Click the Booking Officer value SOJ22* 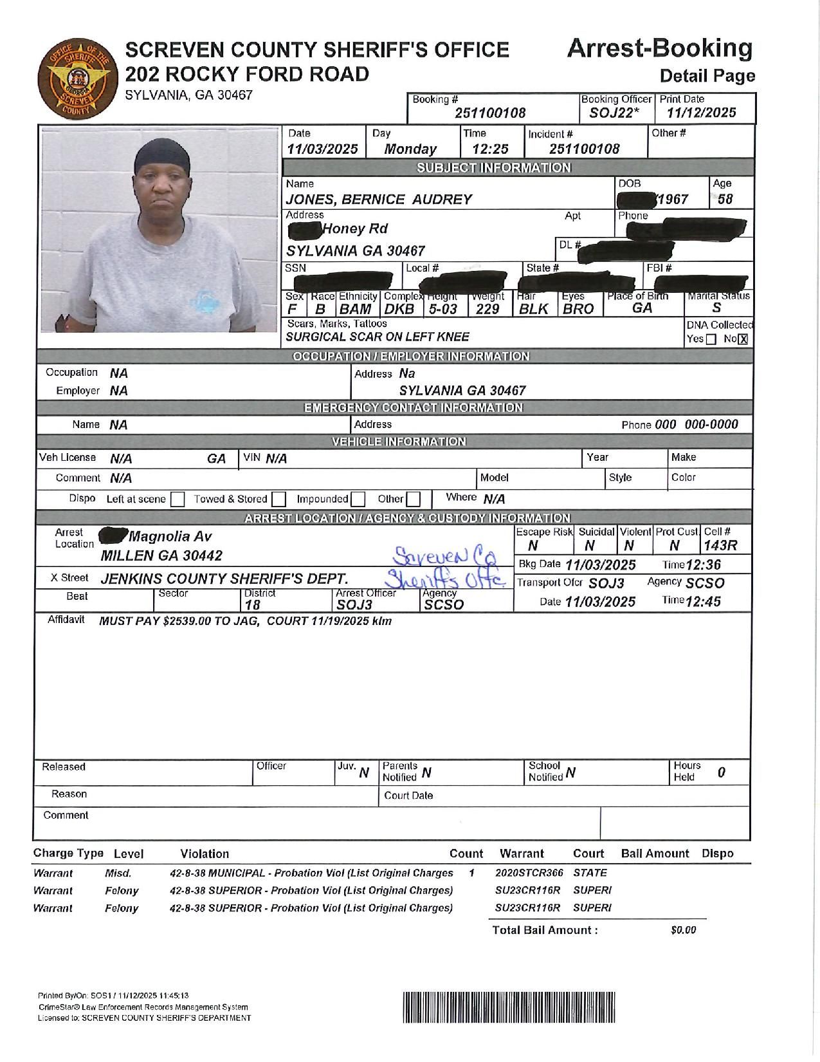click(614, 113)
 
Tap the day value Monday click(410, 149)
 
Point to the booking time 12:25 click(490, 149)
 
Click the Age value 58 click(725, 199)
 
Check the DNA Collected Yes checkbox click(711, 339)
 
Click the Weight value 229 click(487, 309)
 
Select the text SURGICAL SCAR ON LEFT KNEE click(378, 337)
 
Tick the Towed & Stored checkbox click(278, 499)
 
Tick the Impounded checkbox click(358, 499)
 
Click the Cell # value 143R click(720, 546)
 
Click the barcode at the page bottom click(509, 1007)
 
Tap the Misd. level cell click(118, 873)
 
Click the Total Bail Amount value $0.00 click(683, 930)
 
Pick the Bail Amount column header click(655, 853)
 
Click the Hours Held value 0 click(722, 772)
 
